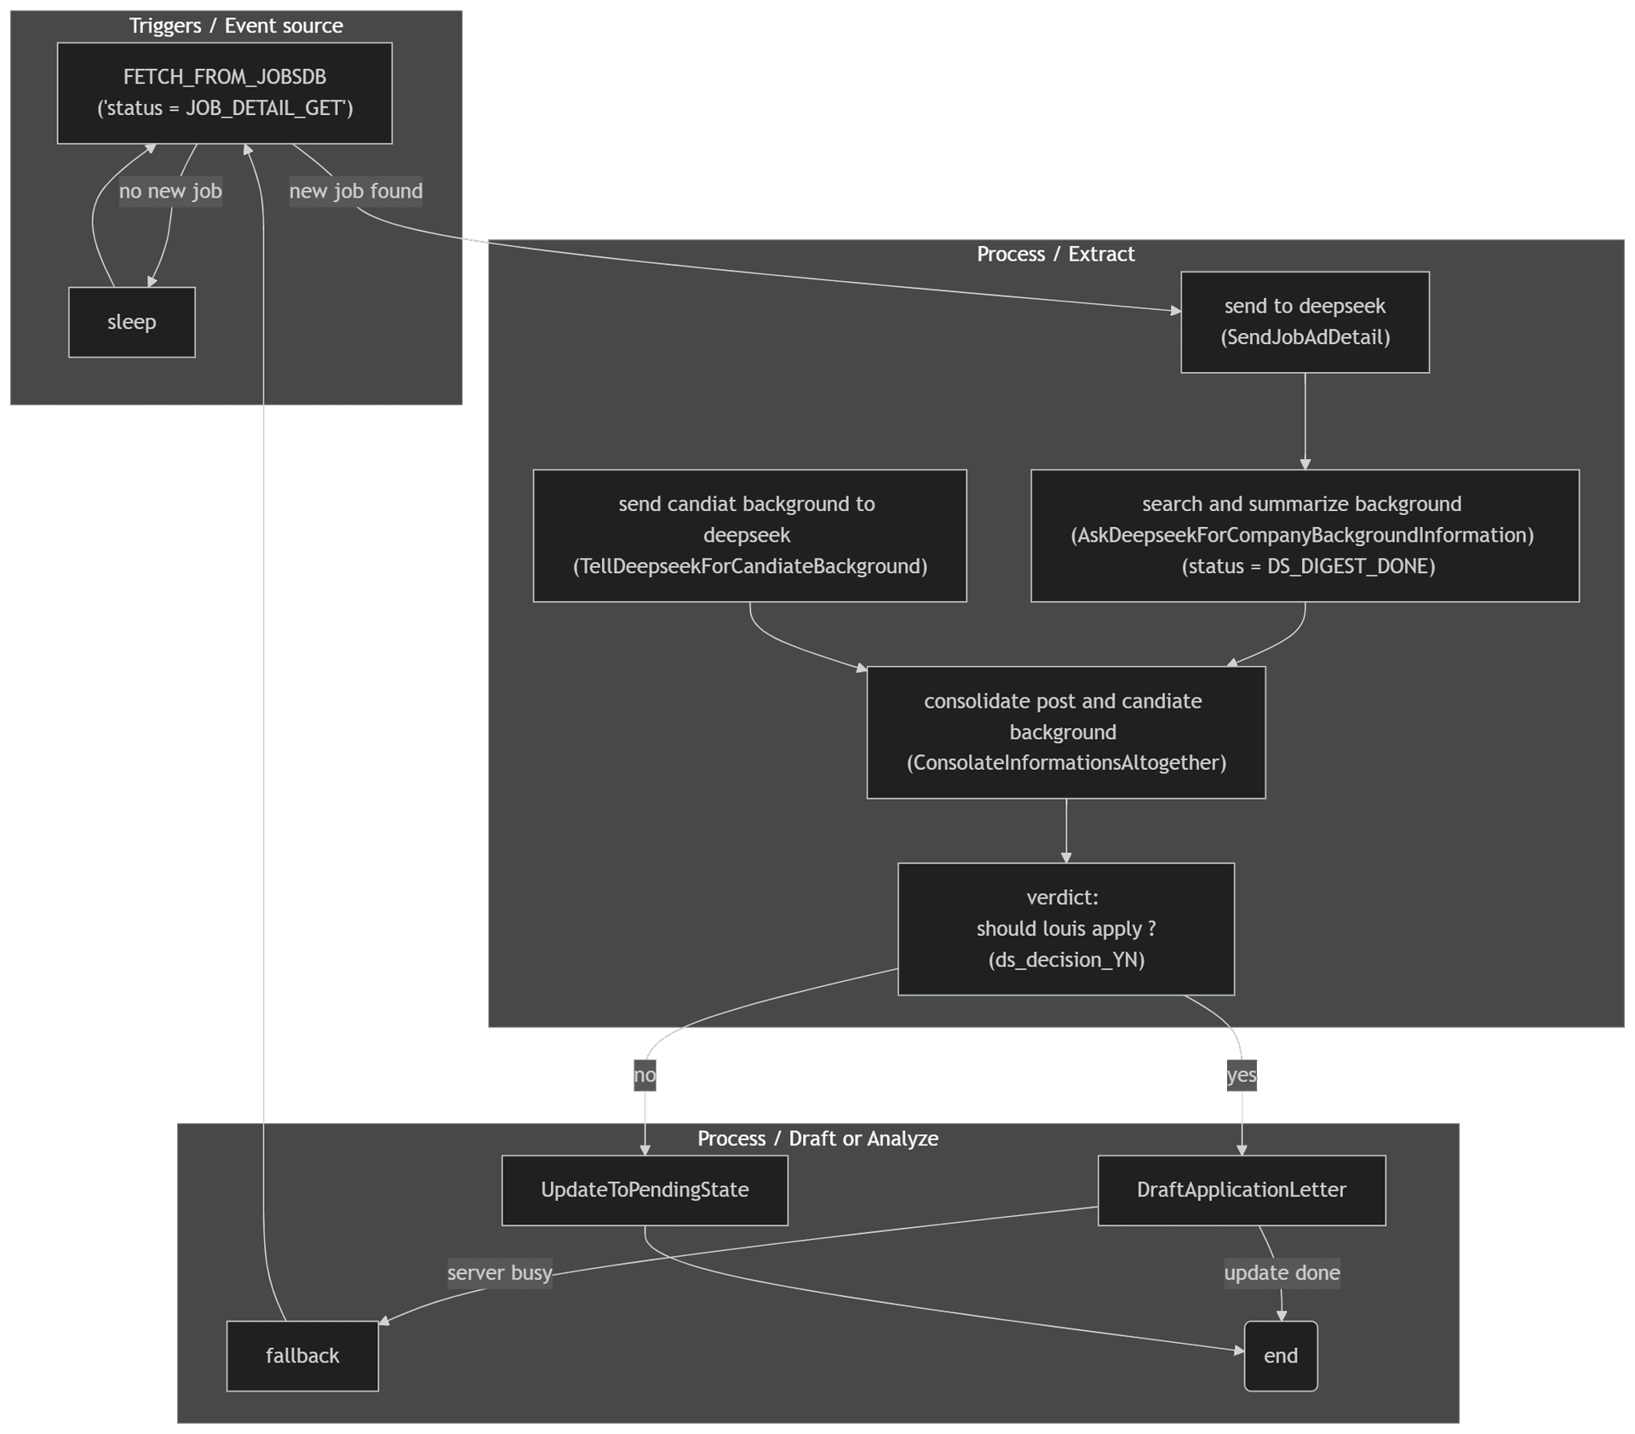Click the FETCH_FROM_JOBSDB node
[x=225, y=93]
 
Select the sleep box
[x=132, y=322]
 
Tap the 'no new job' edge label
[x=170, y=191]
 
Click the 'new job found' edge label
[x=355, y=191]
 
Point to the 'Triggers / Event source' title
[x=236, y=26]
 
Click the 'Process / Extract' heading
[x=1055, y=254]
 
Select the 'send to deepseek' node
[x=1305, y=322]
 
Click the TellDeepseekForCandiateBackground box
[x=749, y=536]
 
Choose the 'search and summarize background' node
[x=1305, y=536]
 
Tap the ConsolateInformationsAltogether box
[x=1065, y=732]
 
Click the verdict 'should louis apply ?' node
[x=1065, y=929]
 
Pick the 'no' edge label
[x=645, y=1075]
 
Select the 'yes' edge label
[x=1241, y=1075]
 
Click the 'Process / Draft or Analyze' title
[x=817, y=1139]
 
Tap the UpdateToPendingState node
[x=645, y=1190]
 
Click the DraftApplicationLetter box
[x=1241, y=1190]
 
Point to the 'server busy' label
[x=500, y=1273]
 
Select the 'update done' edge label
[x=1282, y=1273]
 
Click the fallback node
[x=302, y=1356]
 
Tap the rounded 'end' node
[x=1281, y=1356]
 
